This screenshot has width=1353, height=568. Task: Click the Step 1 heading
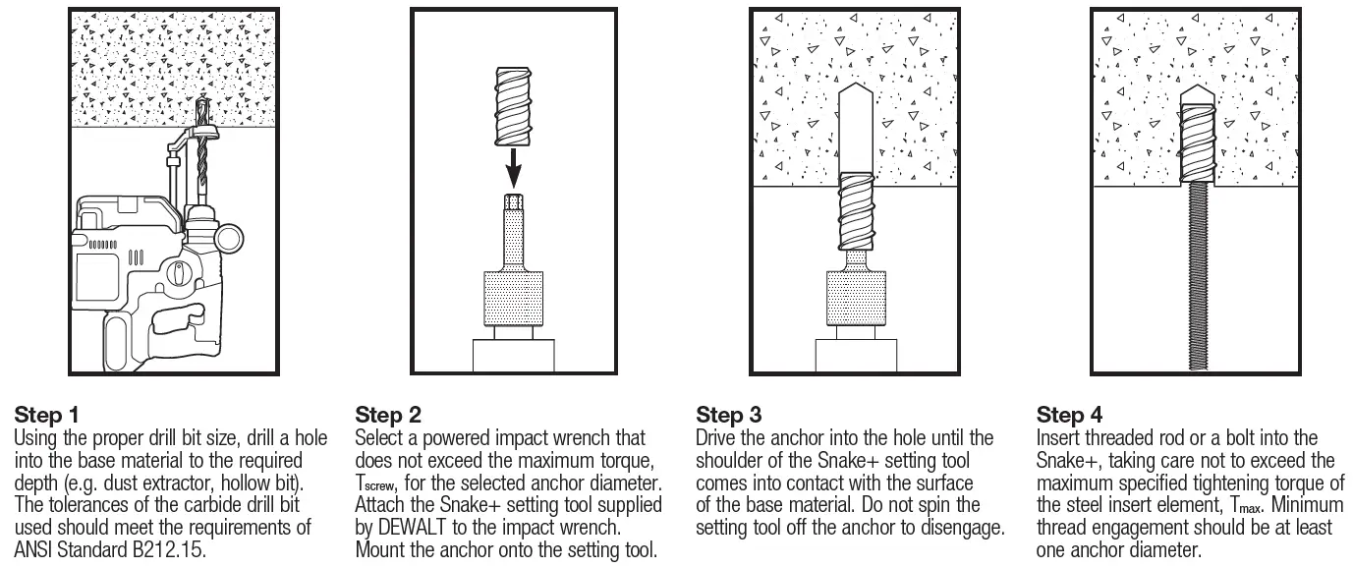tap(46, 414)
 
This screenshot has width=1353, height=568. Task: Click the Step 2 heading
tap(387, 414)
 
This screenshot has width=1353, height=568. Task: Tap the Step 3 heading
tap(728, 414)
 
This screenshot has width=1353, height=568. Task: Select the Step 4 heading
tap(1070, 414)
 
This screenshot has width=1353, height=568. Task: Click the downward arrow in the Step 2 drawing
tap(512, 171)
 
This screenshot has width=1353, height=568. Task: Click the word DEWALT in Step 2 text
tap(417, 528)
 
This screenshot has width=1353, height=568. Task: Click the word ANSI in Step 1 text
tap(34, 549)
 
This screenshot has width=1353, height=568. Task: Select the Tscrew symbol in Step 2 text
tap(378, 483)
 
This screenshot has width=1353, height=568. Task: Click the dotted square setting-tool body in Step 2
tap(511, 299)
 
